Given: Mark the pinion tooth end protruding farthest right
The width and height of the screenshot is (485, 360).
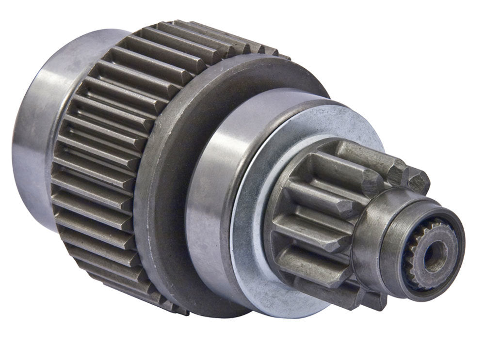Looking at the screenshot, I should click(418, 181).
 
